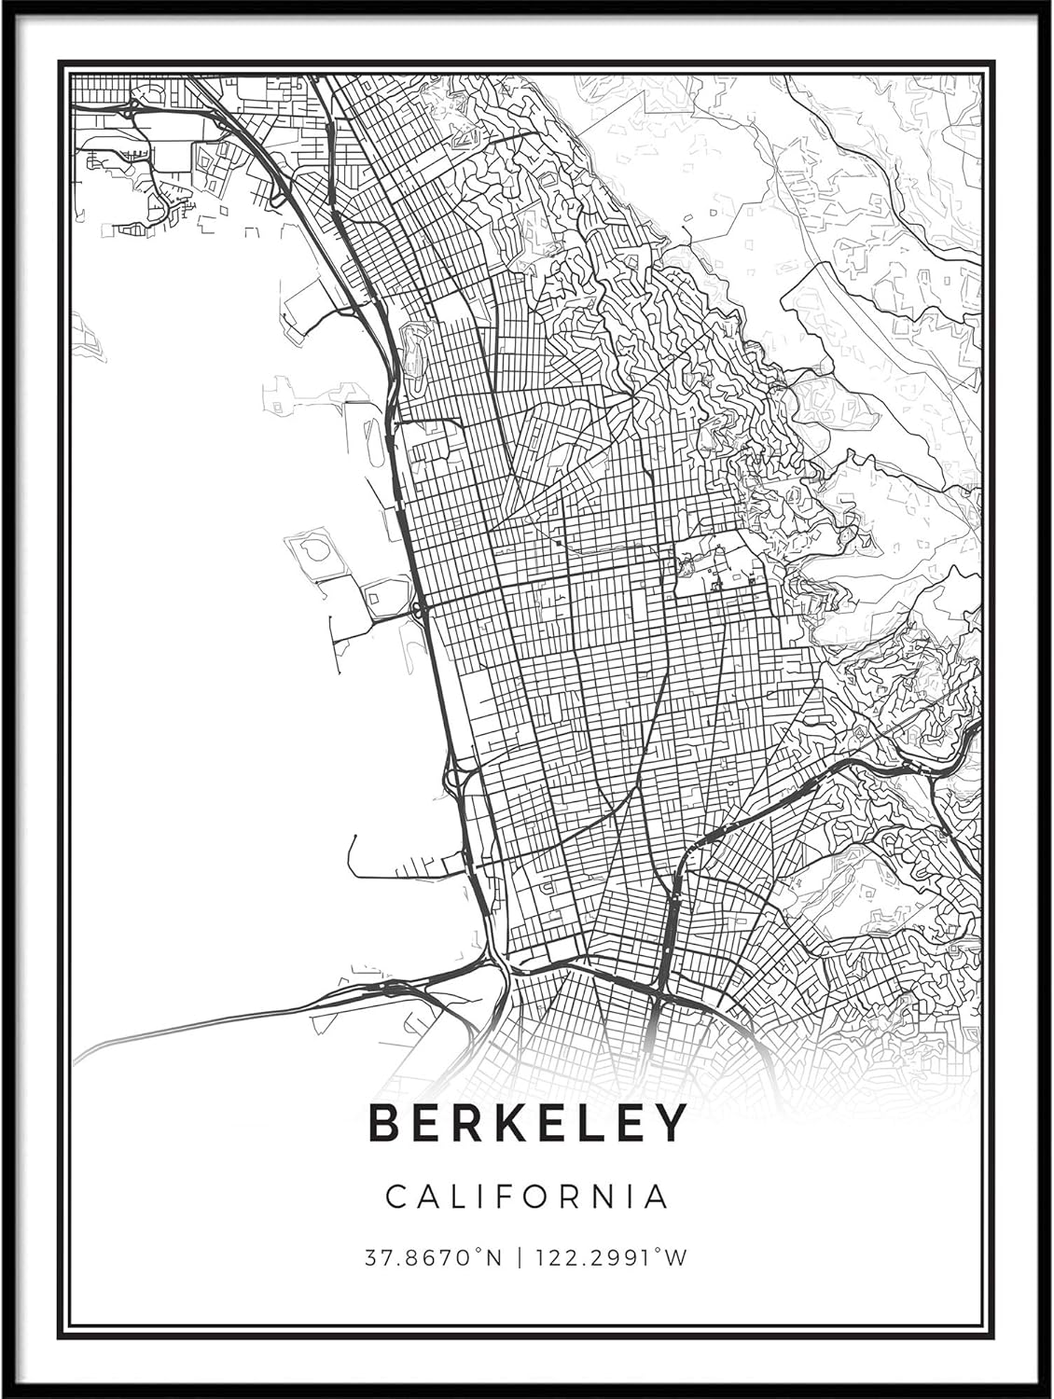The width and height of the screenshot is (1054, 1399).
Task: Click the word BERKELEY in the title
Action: point(528,1123)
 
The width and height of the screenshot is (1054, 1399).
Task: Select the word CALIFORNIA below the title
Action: point(528,1197)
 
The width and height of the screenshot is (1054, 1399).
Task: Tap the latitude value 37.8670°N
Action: point(433,1258)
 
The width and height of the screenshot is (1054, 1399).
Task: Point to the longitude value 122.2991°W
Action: point(610,1258)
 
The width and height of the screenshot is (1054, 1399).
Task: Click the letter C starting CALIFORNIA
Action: point(396,1197)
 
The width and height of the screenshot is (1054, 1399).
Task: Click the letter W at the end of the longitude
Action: point(677,1258)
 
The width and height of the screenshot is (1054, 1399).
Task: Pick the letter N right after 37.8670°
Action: point(493,1258)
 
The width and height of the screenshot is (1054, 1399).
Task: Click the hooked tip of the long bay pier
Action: point(353,838)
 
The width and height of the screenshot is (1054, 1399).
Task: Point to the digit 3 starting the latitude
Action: point(370,1258)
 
